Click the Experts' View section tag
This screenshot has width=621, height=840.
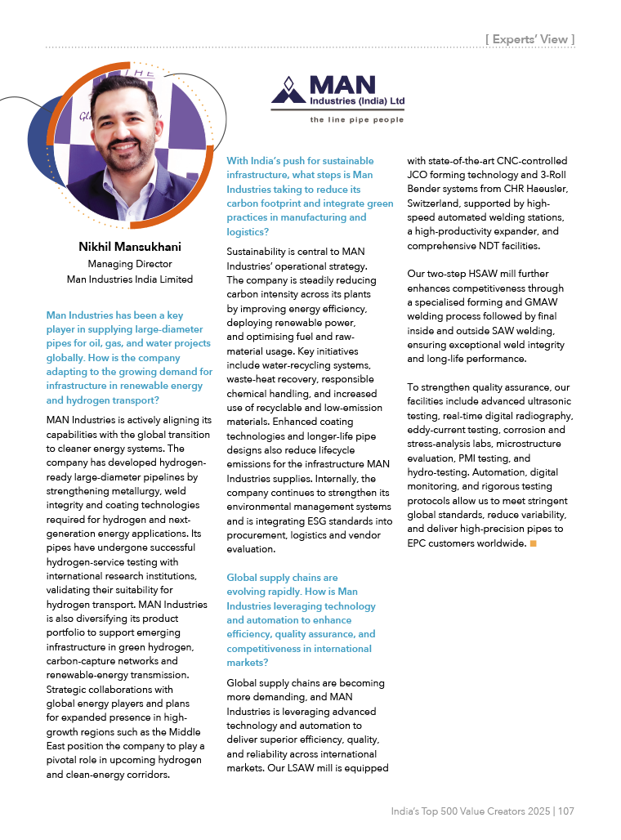pyautogui.click(x=530, y=38)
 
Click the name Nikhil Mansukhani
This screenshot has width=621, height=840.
pyautogui.click(x=129, y=246)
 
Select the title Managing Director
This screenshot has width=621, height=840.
pyautogui.click(x=129, y=263)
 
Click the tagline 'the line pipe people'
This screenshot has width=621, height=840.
pyautogui.click(x=356, y=120)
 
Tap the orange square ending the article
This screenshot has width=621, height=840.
pyautogui.click(x=534, y=543)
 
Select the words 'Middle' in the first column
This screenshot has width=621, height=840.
pyautogui.click(x=187, y=732)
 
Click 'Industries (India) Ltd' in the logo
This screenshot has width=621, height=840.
pyautogui.click(x=357, y=101)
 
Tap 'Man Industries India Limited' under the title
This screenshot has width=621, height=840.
pyautogui.click(x=129, y=279)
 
